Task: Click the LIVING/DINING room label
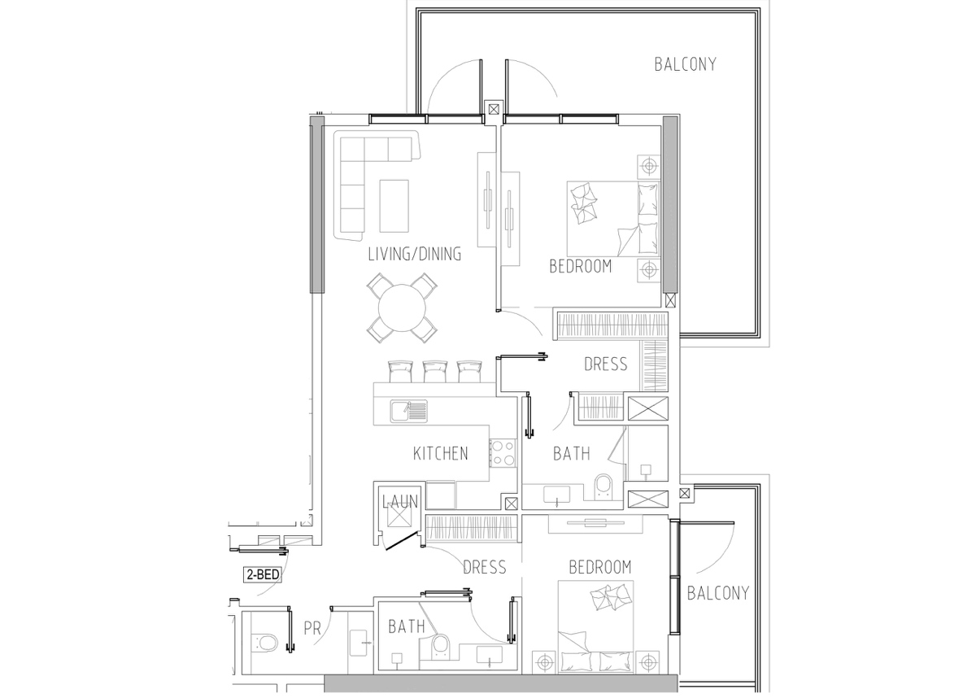pos(415,254)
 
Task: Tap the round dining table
pos(403,308)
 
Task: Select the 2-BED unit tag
pos(263,575)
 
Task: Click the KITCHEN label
pos(440,454)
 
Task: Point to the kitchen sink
pos(409,411)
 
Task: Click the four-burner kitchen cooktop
pos(503,453)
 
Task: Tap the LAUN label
pos(400,501)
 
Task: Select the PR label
pos(312,629)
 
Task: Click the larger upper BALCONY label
pos(686,64)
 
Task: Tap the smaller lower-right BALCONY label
pos(718,593)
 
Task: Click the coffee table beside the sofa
pos(394,205)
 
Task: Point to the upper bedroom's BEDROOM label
pos(581,267)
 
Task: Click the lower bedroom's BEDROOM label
pos(600,567)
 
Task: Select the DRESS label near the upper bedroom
pos(606,364)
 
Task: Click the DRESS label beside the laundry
pos(485,567)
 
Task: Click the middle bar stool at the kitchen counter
pos(434,371)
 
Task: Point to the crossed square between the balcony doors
pos(494,109)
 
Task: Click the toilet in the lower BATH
pos(440,646)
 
